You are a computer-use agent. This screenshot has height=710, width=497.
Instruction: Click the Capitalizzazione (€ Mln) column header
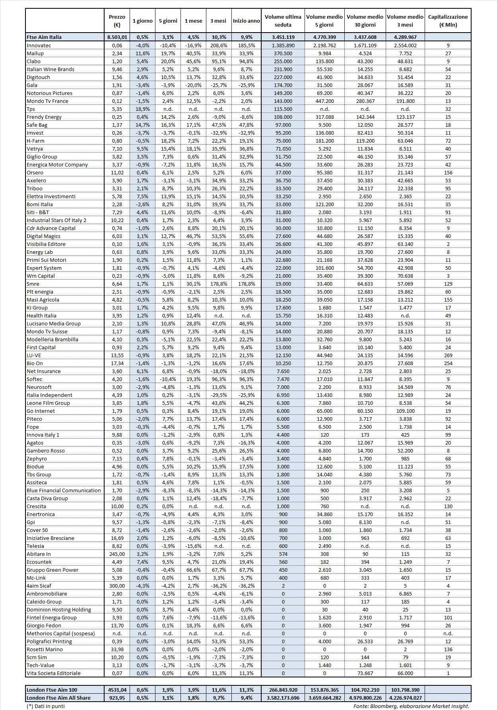[x=448, y=21]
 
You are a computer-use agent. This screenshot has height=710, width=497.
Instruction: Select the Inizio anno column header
[x=246, y=21]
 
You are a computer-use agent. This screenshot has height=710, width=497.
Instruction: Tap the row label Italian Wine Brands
[x=50, y=69]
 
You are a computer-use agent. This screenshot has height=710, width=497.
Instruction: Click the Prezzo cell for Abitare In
[x=116, y=554]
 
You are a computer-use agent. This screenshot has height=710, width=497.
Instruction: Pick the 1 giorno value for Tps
[x=142, y=109]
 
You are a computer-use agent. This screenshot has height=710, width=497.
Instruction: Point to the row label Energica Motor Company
[x=57, y=164]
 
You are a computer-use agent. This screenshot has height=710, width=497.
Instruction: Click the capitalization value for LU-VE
[x=448, y=355]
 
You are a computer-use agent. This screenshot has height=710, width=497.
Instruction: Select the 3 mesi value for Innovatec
[x=218, y=45]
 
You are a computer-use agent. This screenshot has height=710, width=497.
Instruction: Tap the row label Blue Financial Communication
[x=64, y=490]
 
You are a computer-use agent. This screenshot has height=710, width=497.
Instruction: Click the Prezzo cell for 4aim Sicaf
[x=116, y=586]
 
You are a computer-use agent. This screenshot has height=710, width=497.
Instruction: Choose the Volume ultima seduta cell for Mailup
[x=283, y=53]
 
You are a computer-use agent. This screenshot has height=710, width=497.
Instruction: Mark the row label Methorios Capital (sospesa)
[x=61, y=633]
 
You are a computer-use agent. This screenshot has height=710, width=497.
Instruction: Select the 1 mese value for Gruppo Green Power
[x=193, y=570]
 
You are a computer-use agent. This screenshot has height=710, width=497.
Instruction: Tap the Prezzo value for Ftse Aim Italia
[x=116, y=37]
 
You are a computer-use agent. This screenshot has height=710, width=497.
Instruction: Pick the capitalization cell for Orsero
[x=448, y=172]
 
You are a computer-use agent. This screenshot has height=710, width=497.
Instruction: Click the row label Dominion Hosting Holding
[x=59, y=609]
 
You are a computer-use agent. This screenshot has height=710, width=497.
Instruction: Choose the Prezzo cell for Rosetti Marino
[x=116, y=649]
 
